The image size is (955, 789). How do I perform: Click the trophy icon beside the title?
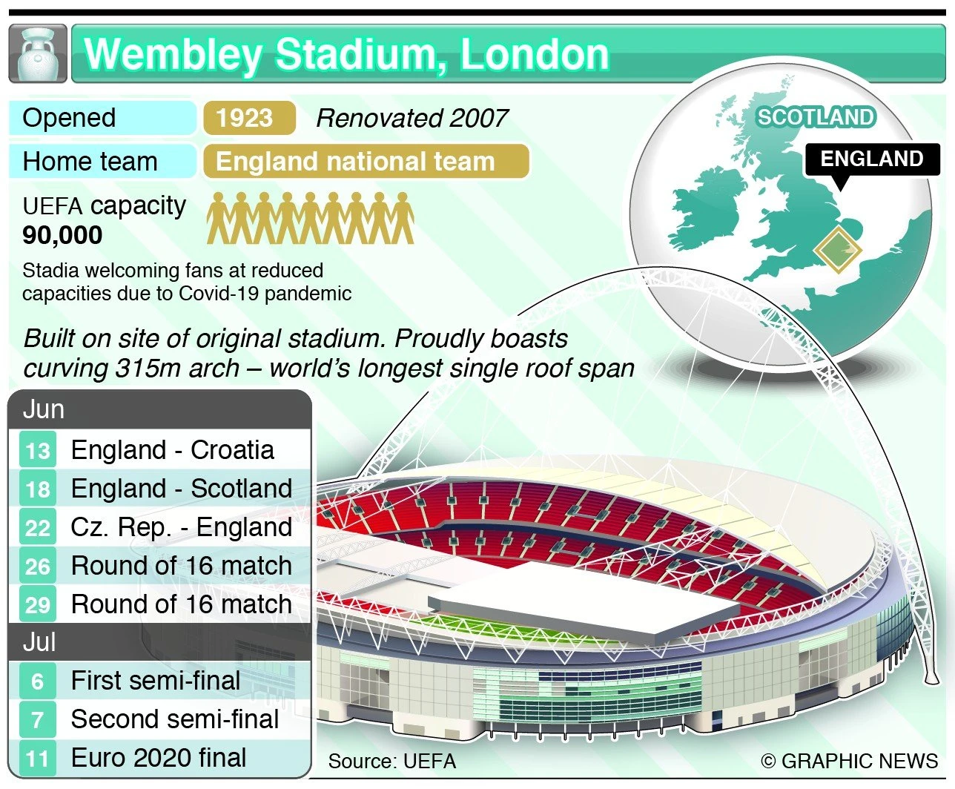point(38,53)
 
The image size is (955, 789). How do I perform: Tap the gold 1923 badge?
point(249,118)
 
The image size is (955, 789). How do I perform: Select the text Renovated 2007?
point(412,119)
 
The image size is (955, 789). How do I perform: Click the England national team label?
point(366,162)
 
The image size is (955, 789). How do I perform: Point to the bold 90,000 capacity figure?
point(63,235)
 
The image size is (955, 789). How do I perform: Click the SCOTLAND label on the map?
point(816,117)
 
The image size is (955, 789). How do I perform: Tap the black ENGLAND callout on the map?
point(872,159)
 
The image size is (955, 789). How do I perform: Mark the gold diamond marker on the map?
point(838,250)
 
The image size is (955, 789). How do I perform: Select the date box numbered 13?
point(38,451)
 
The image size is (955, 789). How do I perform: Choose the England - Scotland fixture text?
point(182,489)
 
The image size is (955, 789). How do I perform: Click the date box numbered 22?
point(38,527)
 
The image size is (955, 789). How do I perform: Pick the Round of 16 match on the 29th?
point(182,604)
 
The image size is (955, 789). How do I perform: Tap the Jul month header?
point(39,641)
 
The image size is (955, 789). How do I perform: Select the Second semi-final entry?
point(175,719)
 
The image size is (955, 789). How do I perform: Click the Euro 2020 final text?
point(159,757)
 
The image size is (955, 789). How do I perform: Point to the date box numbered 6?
point(38,681)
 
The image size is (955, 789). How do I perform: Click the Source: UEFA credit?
point(392,762)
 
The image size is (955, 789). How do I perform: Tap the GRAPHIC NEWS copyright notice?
point(850,762)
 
